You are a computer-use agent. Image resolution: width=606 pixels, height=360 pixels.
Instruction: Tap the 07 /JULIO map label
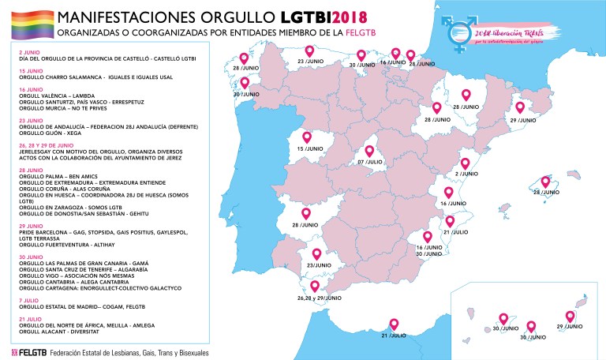371,163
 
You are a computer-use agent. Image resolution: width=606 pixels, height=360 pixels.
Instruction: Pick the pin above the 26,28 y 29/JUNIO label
316,286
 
